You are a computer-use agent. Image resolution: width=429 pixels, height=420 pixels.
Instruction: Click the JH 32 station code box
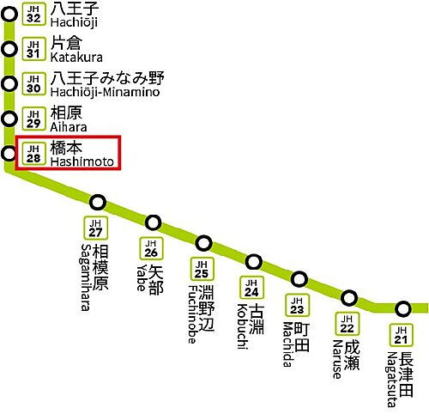(33, 15)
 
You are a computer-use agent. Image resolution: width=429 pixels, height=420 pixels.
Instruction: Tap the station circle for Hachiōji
(9, 15)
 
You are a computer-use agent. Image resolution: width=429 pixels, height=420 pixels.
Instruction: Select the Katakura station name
(76, 58)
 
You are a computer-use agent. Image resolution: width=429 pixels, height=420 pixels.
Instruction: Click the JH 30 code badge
(33, 84)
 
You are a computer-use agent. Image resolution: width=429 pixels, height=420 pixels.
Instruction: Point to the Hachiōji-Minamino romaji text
(105, 93)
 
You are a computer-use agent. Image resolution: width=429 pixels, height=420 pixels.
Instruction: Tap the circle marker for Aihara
(9, 119)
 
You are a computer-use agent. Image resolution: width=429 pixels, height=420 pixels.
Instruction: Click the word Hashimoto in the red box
(82, 161)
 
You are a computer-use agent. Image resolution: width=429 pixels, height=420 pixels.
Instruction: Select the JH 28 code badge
(33, 154)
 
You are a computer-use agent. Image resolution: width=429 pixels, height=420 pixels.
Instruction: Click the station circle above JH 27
(98, 203)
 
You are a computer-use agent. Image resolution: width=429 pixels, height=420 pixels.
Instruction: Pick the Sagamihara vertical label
(85, 277)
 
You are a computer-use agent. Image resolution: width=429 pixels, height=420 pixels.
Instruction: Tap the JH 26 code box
(151, 248)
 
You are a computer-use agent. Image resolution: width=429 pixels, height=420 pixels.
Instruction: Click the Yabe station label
(142, 277)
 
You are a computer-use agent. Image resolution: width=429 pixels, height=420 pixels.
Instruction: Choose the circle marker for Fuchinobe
(203, 243)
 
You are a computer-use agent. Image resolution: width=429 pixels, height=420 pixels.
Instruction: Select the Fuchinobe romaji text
(193, 314)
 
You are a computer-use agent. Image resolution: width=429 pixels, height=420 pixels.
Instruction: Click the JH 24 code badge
(251, 288)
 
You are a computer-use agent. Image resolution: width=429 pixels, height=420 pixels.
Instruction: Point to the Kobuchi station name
(242, 326)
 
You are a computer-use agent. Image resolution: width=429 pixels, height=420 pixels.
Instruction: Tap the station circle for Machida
(299, 279)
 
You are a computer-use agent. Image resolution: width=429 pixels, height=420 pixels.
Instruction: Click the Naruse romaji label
(338, 359)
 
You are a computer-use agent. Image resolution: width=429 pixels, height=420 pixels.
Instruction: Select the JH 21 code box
(402, 335)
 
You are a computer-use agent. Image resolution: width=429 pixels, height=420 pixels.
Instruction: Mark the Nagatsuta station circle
(403, 309)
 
